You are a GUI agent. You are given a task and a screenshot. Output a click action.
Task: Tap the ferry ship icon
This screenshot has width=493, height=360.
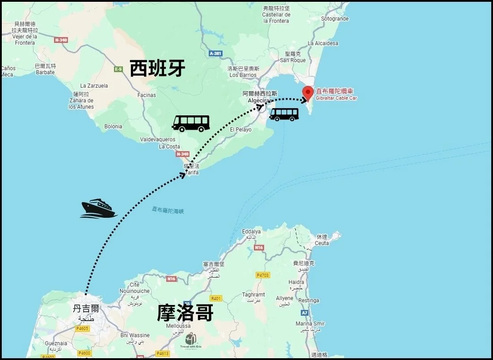point(98,209)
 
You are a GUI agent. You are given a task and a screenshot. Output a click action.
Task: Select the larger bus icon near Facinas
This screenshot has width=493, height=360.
point(191,123)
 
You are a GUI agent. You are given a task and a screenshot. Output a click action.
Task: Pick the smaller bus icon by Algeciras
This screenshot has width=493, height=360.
point(284,114)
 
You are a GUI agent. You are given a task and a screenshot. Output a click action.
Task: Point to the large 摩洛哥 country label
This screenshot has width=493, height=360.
point(185,313)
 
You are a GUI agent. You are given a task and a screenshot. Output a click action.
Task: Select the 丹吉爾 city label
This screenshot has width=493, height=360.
point(86,309)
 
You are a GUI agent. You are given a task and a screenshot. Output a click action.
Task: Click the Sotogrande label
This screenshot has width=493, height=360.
point(335,19)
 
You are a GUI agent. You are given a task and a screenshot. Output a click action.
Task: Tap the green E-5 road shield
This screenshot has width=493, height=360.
point(118,69)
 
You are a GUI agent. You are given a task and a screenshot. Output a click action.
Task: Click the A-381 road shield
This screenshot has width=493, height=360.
point(215,53)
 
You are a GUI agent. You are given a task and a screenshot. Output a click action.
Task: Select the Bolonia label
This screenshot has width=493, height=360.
point(113,127)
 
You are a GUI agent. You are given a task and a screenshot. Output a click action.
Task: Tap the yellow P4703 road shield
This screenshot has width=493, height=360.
point(262,275)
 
